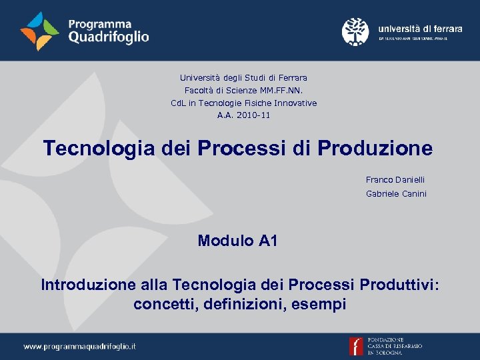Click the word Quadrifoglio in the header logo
click(109, 37)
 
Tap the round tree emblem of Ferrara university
click(355, 31)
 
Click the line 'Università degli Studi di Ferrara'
click(243, 78)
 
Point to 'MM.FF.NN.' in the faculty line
click(283, 91)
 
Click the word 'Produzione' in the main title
click(375, 148)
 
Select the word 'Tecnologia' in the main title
click(99, 148)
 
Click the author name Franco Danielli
click(395, 180)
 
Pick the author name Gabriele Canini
click(396, 194)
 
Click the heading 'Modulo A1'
click(237, 241)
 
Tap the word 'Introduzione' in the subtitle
click(89, 285)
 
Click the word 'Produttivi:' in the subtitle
click(399, 285)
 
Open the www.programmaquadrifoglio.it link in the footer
click(80, 347)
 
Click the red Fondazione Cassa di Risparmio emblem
click(357, 347)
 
